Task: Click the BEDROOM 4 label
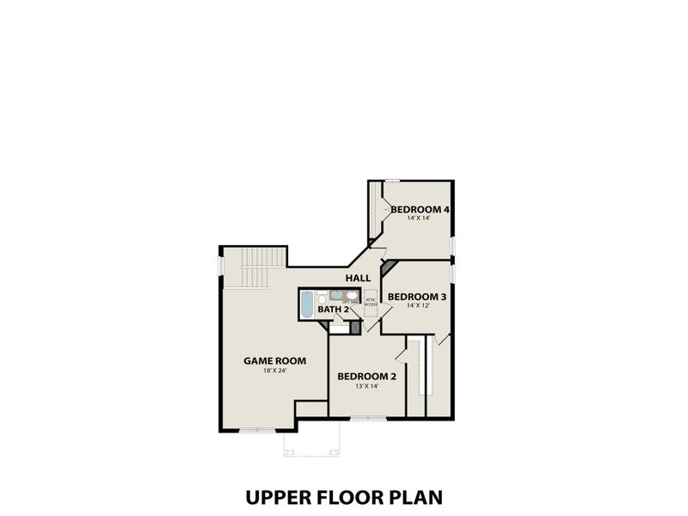(x=421, y=209)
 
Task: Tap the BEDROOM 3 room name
(x=416, y=297)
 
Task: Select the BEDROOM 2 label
(x=366, y=376)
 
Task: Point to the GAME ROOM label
(x=274, y=360)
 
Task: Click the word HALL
(x=358, y=278)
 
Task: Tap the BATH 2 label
(x=333, y=309)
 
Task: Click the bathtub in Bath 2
(x=307, y=304)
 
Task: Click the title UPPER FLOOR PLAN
(x=343, y=497)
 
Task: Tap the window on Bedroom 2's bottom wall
(x=367, y=419)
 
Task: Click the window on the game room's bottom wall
(x=255, y=430)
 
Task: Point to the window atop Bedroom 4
(x=392, y=180)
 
